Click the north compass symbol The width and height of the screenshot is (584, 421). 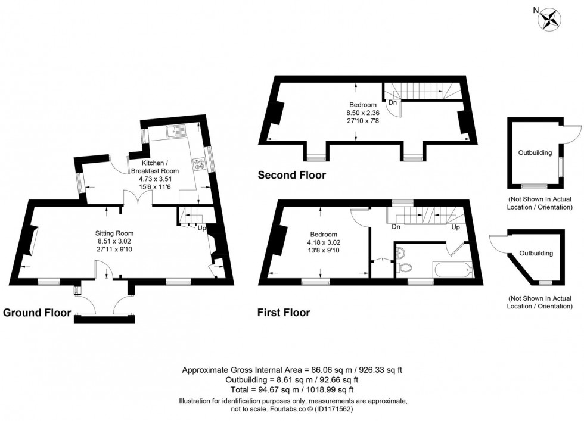pyautogui.click(x=549, y=18)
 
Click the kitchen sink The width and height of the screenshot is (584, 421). pyautogui.click(x=177, y=130)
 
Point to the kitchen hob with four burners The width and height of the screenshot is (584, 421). pyautogui.click(x=198, y=163)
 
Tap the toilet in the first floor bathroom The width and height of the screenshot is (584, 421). pyautogui.click(x=402, y=254)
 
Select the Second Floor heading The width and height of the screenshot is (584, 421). pyautogui.click(x=291, y=175)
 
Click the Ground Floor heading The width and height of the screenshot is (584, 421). pyautogui.click(x=37, y=312)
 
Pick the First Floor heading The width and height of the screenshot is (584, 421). pyautogui.click(x=283, y=312)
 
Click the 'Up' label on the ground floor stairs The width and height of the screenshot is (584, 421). pyautogui.click(x=201, y=228)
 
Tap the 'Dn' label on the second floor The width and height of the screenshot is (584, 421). pyautogui.click(x=393, y=102)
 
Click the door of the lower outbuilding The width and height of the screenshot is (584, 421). pyautogui.click(x=496, y=244)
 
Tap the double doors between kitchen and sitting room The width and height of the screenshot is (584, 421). pyautogui.click(x=137, y=198)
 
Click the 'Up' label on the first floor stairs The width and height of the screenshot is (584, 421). pyautogui.click(x=456, y=227)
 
